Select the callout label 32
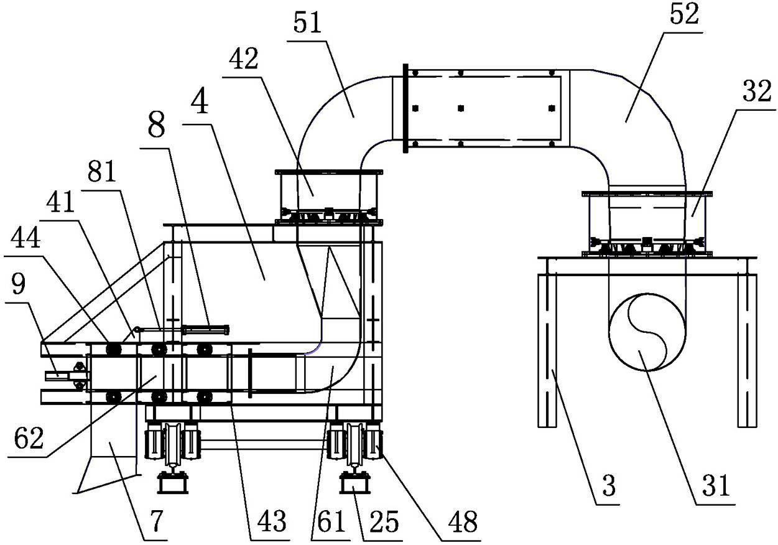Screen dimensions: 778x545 (757, 91)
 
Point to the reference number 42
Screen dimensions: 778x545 (244, 58)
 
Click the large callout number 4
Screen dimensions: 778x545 (200, 102)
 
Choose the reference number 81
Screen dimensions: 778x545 (101, 172)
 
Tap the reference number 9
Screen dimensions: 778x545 (19, 284)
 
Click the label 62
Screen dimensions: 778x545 (29, 439)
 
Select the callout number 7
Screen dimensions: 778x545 (156, 521)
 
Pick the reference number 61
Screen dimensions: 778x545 (331, 521)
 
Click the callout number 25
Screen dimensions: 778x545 (384, 521)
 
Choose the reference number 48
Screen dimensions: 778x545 (463, 521)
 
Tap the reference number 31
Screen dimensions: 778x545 (716, 486)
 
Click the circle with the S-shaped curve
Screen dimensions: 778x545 (647, 332)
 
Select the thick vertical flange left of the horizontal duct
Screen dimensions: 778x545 (405, 108)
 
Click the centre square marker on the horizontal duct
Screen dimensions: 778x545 (461, 108)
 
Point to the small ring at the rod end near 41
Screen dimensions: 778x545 (137, 328)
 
